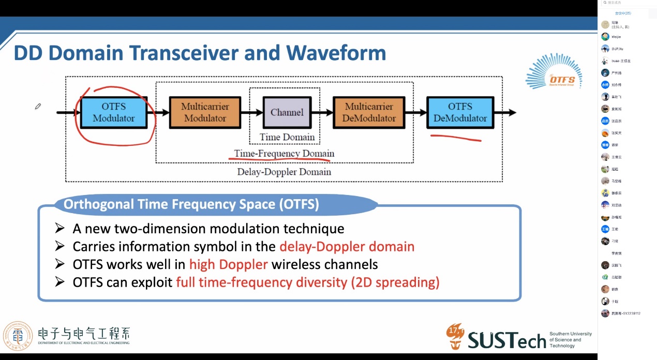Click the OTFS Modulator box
click(114, 112)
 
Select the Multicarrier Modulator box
click(205, 112)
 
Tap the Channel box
click(287, 112)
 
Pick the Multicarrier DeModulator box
click(369, 112)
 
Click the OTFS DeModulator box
click(460, 112)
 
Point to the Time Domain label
click(287, 137)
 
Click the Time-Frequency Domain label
click(284, 154)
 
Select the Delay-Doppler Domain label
click(284, 172)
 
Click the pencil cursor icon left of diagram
click(38, 107)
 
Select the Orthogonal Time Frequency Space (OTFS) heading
click(191, 204)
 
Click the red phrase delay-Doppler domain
click(347, 246)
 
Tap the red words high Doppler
click(228, 264)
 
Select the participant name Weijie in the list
click(616, 37)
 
